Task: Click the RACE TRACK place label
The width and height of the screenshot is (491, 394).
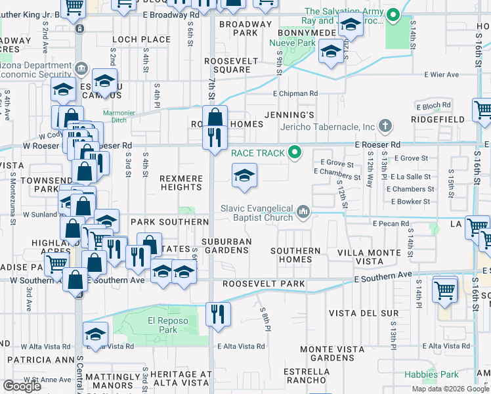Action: click(x=258, y=153)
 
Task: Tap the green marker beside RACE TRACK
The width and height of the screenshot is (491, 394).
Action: click(x=295, y=153)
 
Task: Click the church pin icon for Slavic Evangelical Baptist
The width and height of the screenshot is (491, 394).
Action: click(x=303, y=211)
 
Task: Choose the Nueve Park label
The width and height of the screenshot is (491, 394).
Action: click(x=290, y=43)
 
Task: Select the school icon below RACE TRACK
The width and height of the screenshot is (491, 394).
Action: click(x=244, y=176)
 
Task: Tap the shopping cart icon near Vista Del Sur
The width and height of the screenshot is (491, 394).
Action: click(x=445, y=289)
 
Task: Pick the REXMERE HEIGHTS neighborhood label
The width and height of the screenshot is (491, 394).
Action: click(x=181, y=183)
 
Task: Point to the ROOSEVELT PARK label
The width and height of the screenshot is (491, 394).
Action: click(x=263, y=284)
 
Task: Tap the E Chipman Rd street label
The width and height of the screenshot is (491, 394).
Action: click(x=295, y=94)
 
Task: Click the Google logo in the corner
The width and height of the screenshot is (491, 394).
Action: click(x=21, y=386)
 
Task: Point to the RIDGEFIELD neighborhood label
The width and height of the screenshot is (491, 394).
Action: click(x=438, y=120)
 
